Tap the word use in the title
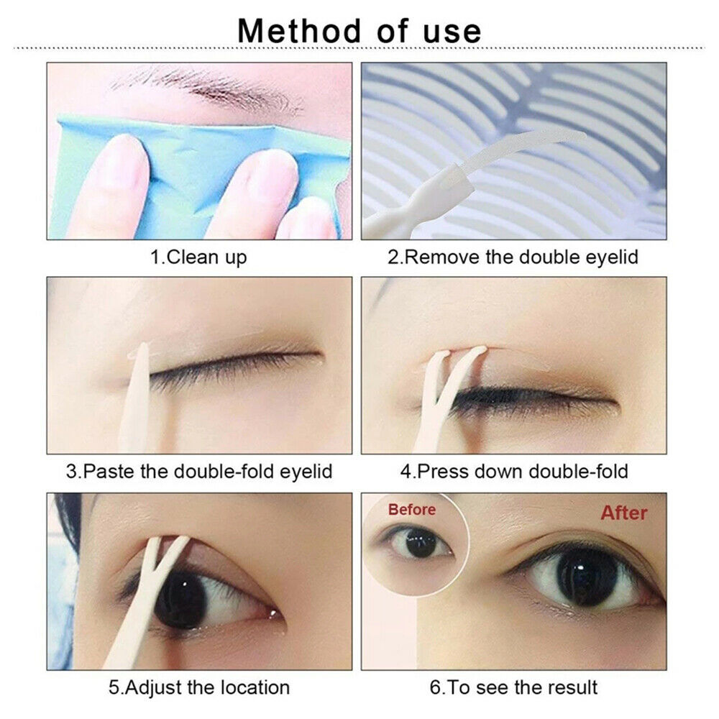coord(452,32)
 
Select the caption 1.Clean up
coord(198,257)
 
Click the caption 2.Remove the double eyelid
coord(513,257)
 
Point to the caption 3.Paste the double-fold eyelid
coord(199,471)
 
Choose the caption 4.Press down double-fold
coord(514,471)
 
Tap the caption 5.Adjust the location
coord(199,687)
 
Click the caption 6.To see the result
coord(513,687)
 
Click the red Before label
coord(412,510)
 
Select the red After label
coord(624,513)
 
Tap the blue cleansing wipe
coord(202,174)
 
